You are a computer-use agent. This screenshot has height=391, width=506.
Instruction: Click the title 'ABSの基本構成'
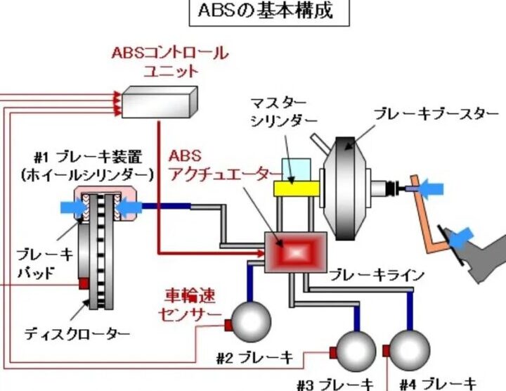[268, 13]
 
